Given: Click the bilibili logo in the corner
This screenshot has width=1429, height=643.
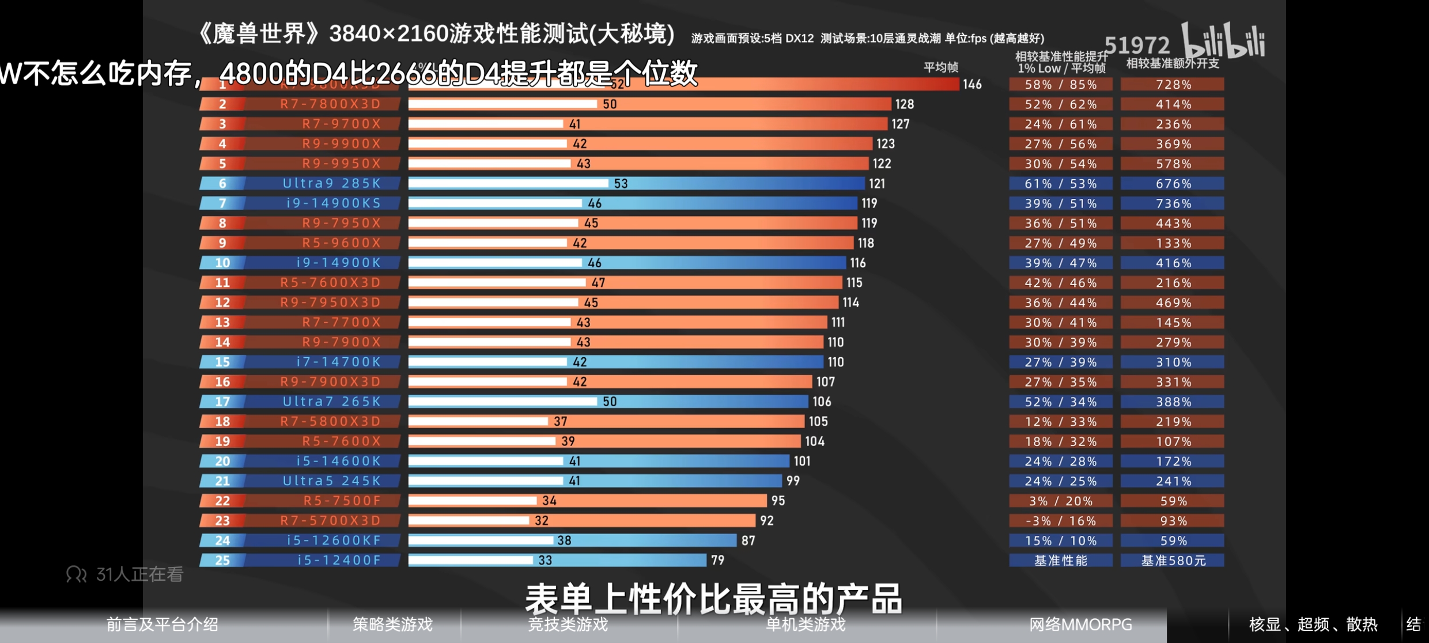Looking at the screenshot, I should [x=1223, y=41].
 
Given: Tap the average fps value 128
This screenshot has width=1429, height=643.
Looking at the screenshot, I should [x=904, y=104].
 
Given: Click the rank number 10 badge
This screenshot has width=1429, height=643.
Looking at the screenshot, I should [x=222, y=263].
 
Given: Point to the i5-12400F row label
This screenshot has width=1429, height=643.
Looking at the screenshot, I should [x=339, y=560].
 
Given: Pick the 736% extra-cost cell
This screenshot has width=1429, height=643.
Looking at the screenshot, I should [x=1173, y=203].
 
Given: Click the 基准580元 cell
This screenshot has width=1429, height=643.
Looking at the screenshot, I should [x=1173, y=560].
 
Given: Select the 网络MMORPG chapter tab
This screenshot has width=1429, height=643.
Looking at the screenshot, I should [x=1080, y=625].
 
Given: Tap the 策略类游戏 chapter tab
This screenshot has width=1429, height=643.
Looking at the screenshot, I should [x=392, y=625].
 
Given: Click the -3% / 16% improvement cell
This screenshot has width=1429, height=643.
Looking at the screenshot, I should [x=1060, y=521].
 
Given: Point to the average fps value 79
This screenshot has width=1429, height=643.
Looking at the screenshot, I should [x=717, y=560].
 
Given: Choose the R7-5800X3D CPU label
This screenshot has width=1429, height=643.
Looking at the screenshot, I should [x=330, y=421].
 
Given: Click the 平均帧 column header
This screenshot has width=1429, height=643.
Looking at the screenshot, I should [x=940, y=67].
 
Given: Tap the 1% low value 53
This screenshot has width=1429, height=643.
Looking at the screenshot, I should [x=621, y=184].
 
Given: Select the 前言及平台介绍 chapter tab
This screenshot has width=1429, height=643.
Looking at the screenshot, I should [x=162, y=625].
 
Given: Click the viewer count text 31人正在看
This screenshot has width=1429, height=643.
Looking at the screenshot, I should [x=139, y=574].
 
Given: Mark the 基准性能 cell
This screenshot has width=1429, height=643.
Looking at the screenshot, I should [x=1060, y=560].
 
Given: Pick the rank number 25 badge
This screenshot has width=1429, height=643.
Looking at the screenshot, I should [x=222, y=560].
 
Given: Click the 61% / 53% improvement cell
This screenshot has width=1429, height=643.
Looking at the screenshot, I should [x=1060, y=184].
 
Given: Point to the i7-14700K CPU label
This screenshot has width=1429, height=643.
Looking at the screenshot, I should [x=338, y=362].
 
